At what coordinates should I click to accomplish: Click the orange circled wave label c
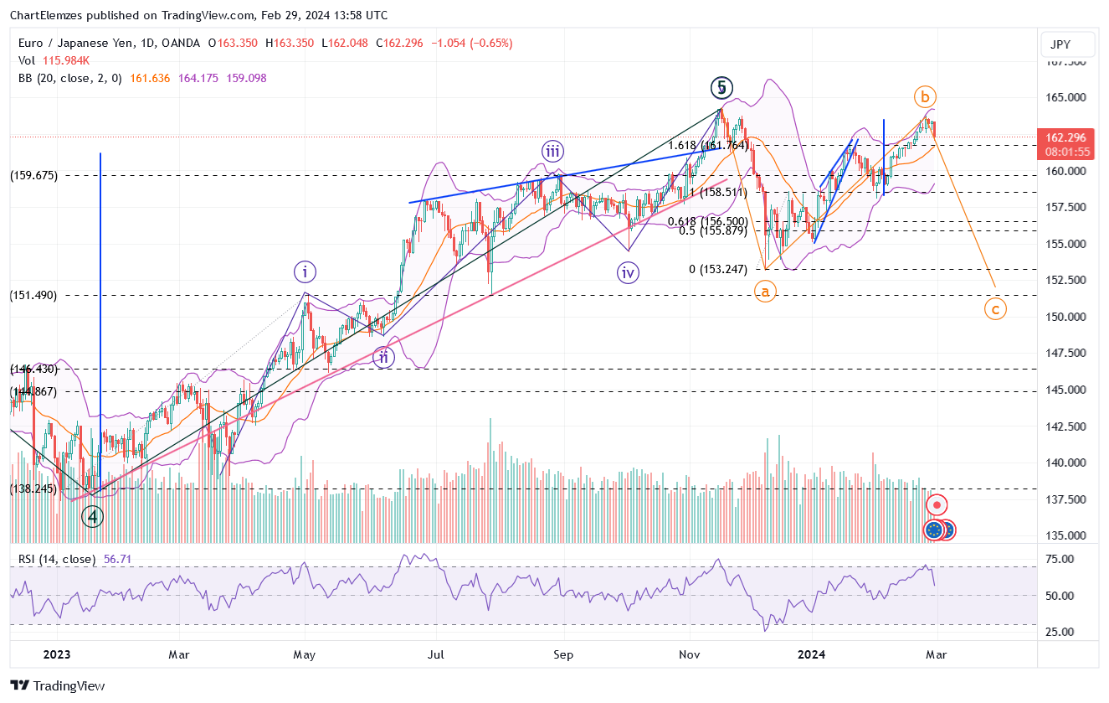tap(994, 309)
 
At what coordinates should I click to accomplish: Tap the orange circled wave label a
tap(764, 292)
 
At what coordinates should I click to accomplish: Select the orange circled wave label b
tap(924, 96)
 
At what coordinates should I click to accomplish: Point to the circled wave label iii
tap(552, 152)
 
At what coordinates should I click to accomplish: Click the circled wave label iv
tap(628, 273)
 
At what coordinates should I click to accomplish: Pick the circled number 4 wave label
tap(92, 516)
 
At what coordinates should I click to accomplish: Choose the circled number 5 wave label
tap(721, 87)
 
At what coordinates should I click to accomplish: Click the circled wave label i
tap(305, 271)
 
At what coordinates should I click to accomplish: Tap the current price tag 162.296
tap(1065, 137)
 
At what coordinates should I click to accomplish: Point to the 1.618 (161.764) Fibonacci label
tap(707, 145)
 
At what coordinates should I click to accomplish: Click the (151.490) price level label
tap(33, 295)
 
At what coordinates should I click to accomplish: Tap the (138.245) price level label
tap(33, 488)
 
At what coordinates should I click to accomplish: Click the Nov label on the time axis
tap(690, 654)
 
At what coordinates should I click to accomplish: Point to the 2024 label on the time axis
tap(812, 654)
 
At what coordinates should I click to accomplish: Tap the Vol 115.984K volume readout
tap(54, 60)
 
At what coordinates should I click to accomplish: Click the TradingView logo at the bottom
tap(58, 685)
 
